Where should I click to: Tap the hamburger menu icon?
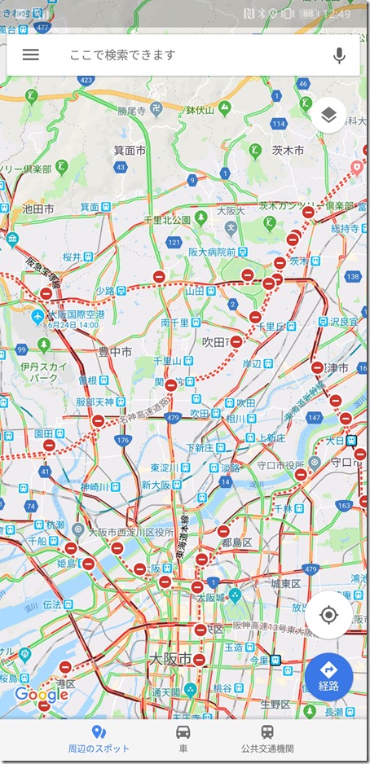tap(31, 55)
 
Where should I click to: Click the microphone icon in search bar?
tap(339, 55)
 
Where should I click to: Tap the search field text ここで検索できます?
tap(122, 55)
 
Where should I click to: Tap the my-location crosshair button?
tap(328, 614)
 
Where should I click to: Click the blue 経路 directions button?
tap(328, 676)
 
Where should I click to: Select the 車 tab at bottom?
tap(184, 738)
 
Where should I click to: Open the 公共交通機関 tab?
tap(267, 738)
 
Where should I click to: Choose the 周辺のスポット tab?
tap(99, 738)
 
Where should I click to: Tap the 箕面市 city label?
tap(130, 151)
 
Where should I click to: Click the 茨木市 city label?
tap(288, 151)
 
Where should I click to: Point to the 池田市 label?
tap(37, 209)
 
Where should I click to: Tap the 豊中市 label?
tap(114, 351)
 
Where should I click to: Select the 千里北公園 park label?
tap(167, 220)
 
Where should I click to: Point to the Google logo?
tap(41, 695)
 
